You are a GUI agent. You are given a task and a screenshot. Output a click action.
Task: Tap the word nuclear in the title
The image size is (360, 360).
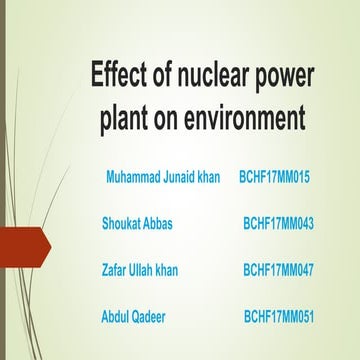[x=211, y=78]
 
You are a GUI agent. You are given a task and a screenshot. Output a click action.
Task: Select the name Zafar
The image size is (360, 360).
[x=116, y=270]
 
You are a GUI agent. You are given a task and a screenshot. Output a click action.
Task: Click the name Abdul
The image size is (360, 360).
[x=117, y=316]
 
